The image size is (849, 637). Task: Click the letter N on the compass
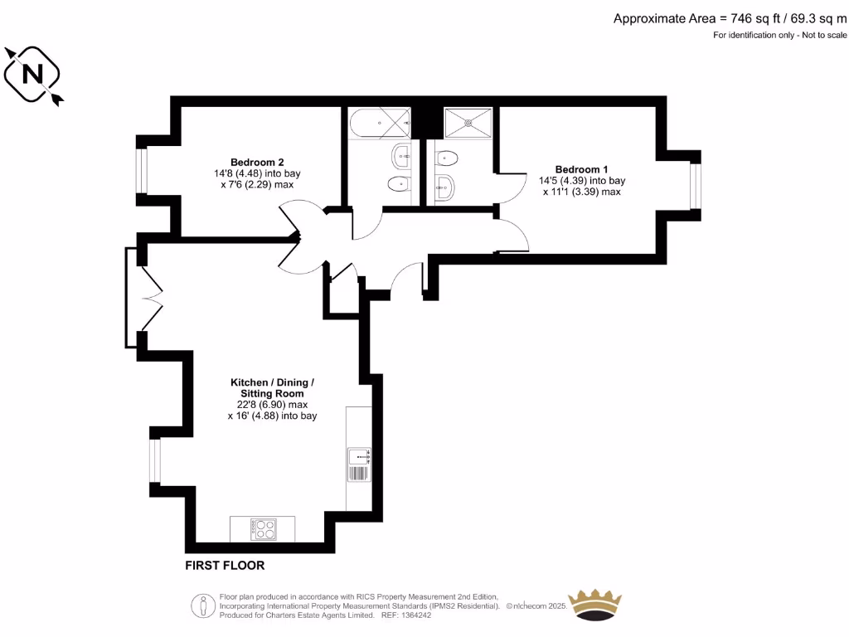[33, 75]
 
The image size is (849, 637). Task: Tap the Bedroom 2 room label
[257, 162]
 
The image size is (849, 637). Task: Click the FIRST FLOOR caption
[225, 566]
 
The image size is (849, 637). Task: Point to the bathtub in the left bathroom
[380, 124]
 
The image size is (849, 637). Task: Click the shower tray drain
[469, 123]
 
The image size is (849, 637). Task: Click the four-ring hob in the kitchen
[264, 528]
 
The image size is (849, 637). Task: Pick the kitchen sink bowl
[359, 455]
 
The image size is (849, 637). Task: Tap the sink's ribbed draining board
[359, 474]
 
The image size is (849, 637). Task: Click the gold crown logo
[594, 605]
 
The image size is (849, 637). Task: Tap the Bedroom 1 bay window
[696, 184]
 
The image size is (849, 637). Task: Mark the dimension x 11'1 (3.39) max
[581, 192]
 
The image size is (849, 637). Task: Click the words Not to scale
[824, 35]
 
